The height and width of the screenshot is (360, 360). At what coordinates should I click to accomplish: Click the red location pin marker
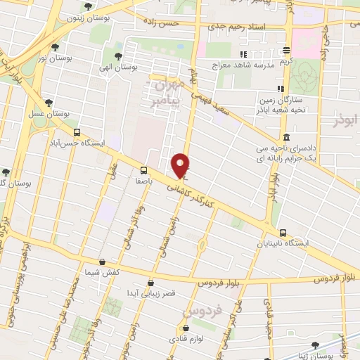point(181,165)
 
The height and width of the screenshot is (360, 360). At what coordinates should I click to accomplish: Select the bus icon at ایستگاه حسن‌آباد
point(77,131)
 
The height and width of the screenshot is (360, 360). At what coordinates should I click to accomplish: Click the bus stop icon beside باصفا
point(143,169)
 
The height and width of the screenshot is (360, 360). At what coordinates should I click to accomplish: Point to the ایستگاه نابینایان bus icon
point(283,233)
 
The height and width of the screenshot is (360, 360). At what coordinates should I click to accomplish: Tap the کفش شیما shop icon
point(103,262)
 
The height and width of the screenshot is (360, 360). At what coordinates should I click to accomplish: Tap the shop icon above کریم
point(286,51)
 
